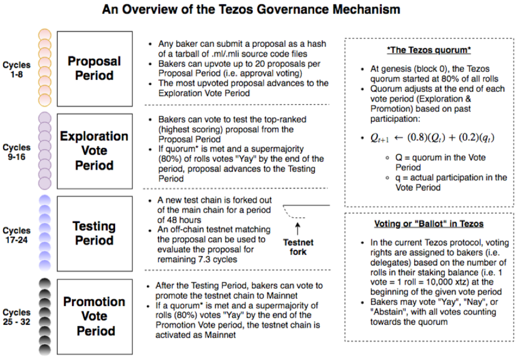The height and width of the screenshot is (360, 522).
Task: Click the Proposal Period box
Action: click(x=95, y=69)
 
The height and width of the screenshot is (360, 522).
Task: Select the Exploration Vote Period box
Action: click(x=95, y=151)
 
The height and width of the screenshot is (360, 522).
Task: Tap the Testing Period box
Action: click(x=95, y=233)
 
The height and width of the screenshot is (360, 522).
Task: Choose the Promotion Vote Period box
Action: click(x=95, y=316)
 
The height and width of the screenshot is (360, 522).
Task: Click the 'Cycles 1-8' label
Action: click(x=16, y=70)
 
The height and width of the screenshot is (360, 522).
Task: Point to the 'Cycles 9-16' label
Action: click(x=16, y=152)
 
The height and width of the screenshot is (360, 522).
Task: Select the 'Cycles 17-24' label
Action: click(x=16, y=235)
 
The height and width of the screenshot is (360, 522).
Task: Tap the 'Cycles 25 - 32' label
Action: click(x=16, y=317)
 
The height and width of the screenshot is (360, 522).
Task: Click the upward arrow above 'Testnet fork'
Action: click(x=298, y=229)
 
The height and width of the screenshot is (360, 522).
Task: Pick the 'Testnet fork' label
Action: click(x=298, y=247)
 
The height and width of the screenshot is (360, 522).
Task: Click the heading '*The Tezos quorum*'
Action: click(x=429, y=50)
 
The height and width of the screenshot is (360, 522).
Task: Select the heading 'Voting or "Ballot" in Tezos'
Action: click(x=429, y=224)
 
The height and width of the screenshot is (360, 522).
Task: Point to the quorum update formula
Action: click(x=433, y=138)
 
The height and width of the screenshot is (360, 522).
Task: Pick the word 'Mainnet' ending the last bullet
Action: click(x=220, y=335)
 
